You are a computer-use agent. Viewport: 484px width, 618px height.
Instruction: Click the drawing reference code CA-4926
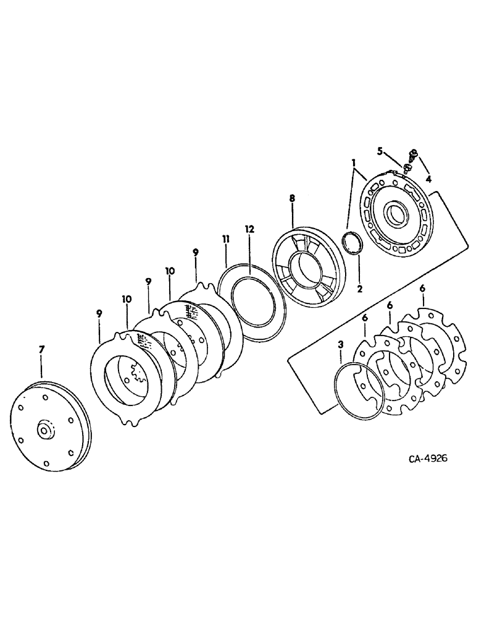427,459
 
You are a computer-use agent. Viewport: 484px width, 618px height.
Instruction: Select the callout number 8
291,198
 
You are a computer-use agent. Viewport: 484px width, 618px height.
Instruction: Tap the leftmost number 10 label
127,298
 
